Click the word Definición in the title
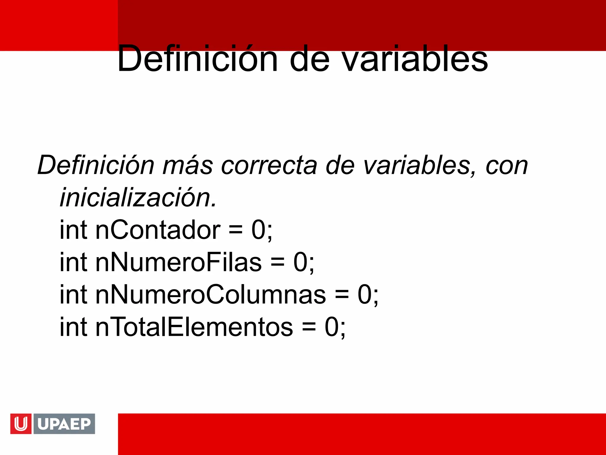click(197, 58)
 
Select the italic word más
click(188, 165)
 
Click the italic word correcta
click(269, 165)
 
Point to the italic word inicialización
click(138, 198)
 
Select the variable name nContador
click(158, 230)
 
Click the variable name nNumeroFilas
click(178, 262)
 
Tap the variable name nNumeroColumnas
click(210, 295)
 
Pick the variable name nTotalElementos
click(194, 327)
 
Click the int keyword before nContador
click(73, 230)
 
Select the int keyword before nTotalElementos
click(73, 327)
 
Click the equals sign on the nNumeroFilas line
click(277, 263)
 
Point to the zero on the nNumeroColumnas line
click(365, 295)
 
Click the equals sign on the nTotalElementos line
click(309, 328)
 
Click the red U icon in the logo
click(21, 424)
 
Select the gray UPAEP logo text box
click(64, 424)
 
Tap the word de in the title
click(310, 59)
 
